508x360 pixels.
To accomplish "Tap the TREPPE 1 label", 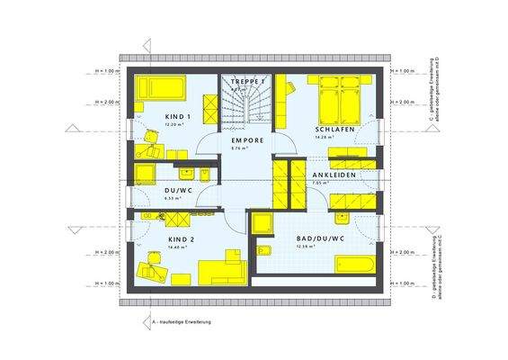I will coord(245,82).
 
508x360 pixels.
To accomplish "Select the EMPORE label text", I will coord(247,141).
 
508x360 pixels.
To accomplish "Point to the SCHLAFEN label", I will coord(332,130).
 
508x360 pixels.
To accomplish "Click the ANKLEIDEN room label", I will coord(332,175).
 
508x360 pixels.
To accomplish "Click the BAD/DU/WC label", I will coord(320,238).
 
